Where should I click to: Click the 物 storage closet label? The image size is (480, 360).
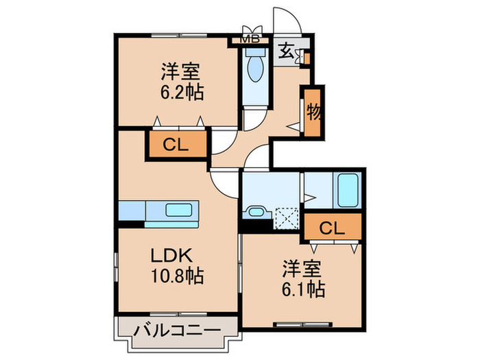click(x=313, y=111)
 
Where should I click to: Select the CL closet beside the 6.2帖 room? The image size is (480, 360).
click(x=176, y=145)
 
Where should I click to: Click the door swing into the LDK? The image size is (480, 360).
click(x=224, y=181)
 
